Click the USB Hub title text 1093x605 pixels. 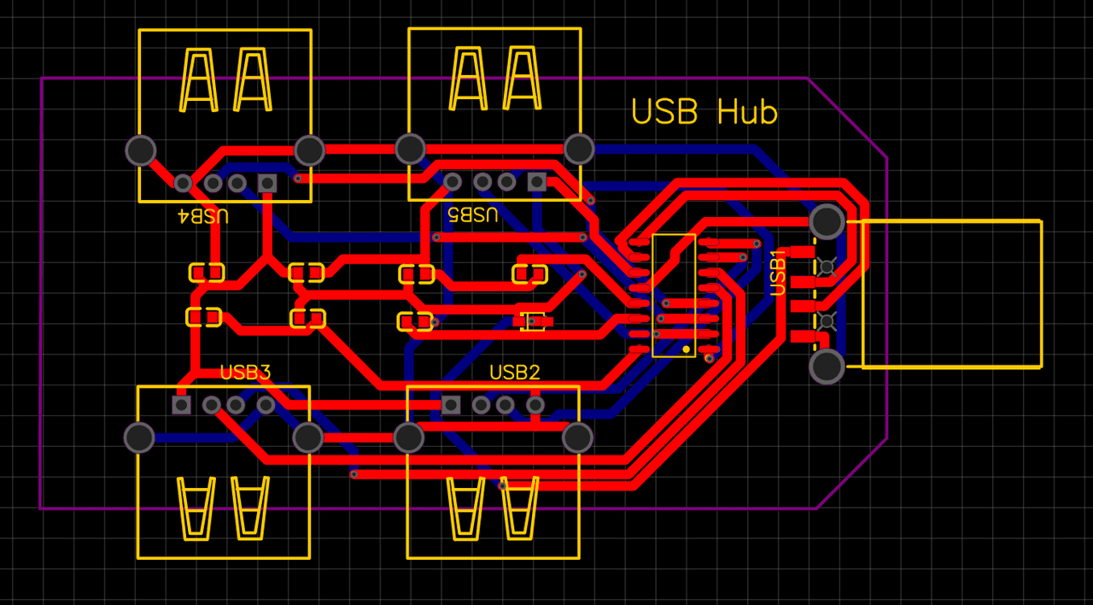[704, 112]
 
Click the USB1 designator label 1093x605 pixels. [779, 273]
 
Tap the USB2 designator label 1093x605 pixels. [514, 373]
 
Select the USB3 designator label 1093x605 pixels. [245, 373]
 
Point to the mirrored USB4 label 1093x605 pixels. [202, 215]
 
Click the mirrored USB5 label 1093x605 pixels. [472, 214]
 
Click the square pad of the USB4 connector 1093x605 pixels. [267, 183]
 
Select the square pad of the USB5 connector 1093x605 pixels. [536, 181]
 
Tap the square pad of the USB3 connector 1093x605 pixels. [181, 404]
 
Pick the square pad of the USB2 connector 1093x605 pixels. [451, 404]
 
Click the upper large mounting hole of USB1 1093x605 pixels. [827, 222]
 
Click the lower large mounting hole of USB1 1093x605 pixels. [827, 367]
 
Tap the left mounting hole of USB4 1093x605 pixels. [141, 150]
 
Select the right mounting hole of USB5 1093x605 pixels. [579, 149]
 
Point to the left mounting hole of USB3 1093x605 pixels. [139, 438]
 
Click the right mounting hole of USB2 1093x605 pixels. [578, 438]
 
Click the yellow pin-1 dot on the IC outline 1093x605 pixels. [686, 349]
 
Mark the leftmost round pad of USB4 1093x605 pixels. [183, 183]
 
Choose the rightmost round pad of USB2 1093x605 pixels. [535, 404]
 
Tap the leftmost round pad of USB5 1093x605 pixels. [453, 181]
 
